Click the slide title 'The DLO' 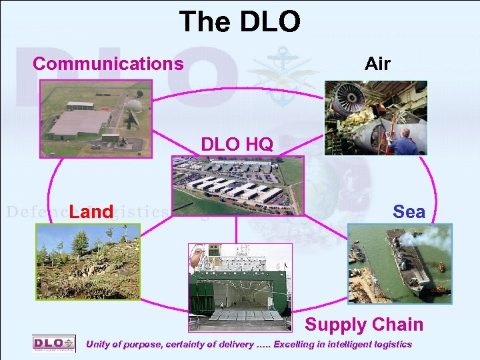click(239, 21)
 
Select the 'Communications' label click(108, 63)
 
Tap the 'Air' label click(377, 63)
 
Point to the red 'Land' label click(91, 212)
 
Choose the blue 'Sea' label click(409, 212)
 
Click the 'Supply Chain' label click(364, 325)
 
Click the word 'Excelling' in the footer click(297, 345)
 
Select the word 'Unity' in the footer click(100, 345)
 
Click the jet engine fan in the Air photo click(347, 100)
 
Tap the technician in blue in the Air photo click(403, 140)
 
